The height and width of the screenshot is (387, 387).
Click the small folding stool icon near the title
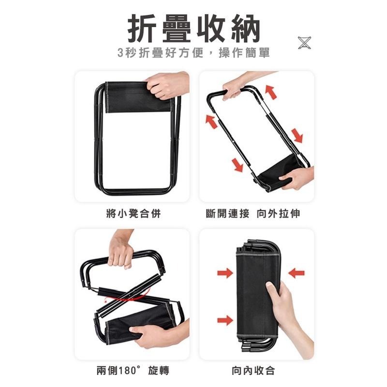(304, 43)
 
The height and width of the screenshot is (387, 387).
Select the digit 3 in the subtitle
(120, 53)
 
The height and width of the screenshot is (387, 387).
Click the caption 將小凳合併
(134, 213)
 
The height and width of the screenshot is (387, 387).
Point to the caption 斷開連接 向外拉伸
(253, 213)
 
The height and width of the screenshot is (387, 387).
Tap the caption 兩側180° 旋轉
(133, 371)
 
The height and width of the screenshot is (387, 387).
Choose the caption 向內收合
(253, 371)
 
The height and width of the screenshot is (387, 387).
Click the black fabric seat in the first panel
(138, 97)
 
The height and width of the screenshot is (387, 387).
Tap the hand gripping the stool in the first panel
(168, 85)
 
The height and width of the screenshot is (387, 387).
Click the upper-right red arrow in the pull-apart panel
(271, 92)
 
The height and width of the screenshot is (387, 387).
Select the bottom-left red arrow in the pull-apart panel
(238, 164)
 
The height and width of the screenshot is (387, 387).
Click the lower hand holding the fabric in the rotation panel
(158, 336)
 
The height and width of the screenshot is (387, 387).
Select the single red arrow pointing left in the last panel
(296, 273)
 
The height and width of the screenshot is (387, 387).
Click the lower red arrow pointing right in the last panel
(225, 320)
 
